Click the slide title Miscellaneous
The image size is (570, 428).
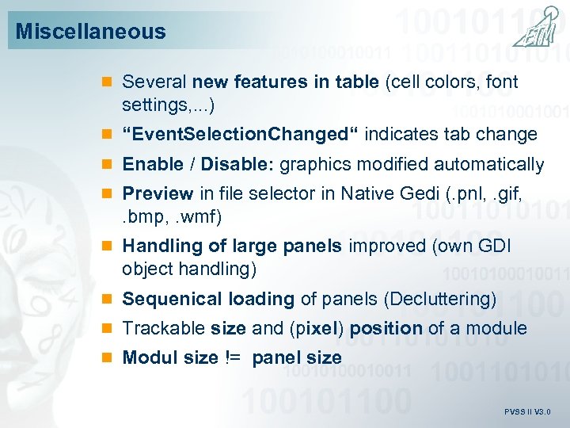pos(91,32)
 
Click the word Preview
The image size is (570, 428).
pos(158,193)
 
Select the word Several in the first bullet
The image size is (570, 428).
pos(154,81)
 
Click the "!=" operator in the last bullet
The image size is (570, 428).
pos(234,357)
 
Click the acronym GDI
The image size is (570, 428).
pos(493,246)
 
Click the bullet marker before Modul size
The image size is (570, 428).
pos(108,358)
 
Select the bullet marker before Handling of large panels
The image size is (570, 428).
pos(108,246)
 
